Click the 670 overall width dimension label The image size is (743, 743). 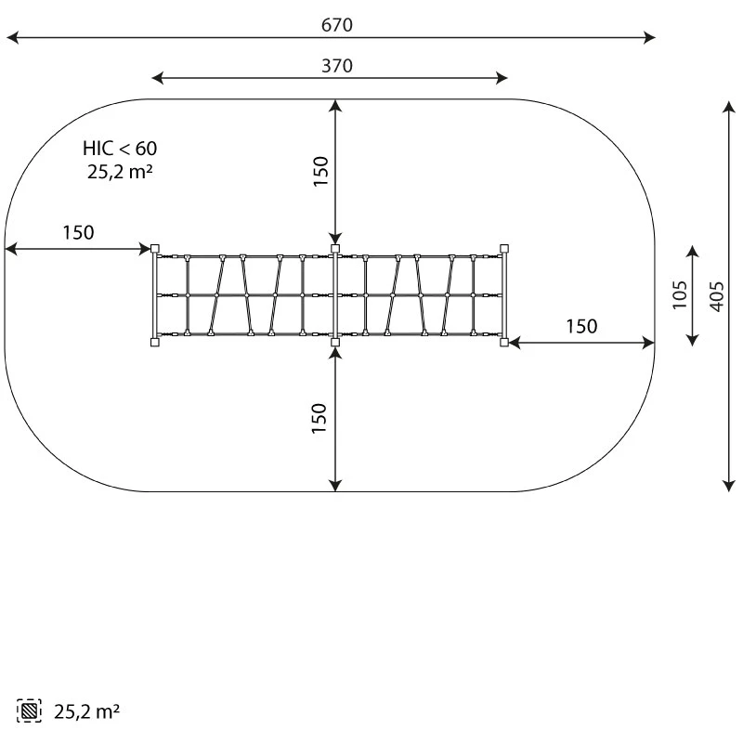[336, 25]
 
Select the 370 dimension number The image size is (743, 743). [337, 66]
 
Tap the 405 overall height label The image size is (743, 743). [717, 296]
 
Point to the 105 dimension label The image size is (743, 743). [680, 294]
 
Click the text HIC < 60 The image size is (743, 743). [120, 149]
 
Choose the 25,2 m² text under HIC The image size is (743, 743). [120, 171]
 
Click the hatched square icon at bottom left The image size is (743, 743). [29, 710]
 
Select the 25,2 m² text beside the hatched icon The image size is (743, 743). [86, 711]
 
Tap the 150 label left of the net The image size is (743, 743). [78, 233]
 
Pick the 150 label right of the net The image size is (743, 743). [581, 327]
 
